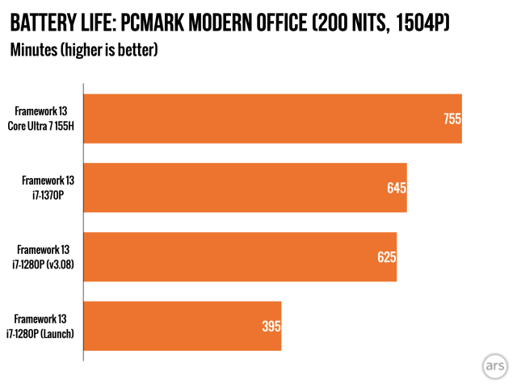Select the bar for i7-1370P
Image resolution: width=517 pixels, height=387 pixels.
[x=242, y=188]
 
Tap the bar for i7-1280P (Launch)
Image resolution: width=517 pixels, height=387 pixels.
[x=181, y=326]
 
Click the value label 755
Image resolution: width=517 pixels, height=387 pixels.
[x=452, y=119]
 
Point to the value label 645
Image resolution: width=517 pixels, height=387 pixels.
[x=396, y=188]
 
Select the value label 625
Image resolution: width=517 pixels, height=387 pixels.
[x=386, y=257]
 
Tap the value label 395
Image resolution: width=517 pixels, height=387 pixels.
[x=271, y=326]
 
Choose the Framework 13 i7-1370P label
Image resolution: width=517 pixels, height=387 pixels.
[x=48, y=188]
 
